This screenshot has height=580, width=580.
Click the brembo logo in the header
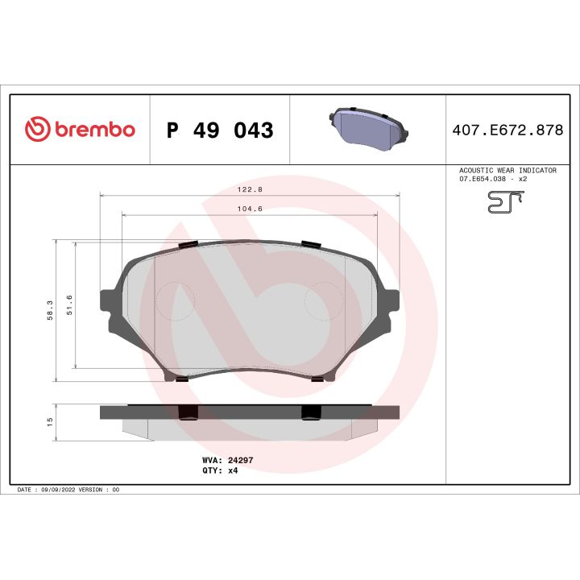80,129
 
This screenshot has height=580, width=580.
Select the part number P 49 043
219,130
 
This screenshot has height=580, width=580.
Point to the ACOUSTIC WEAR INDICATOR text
507,171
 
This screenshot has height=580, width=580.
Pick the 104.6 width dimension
249,209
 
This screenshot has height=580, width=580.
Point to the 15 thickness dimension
49,421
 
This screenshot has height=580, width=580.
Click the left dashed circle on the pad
175,302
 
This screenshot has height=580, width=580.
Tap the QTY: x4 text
220,470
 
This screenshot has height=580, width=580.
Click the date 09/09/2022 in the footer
56,489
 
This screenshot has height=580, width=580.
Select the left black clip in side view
187,412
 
